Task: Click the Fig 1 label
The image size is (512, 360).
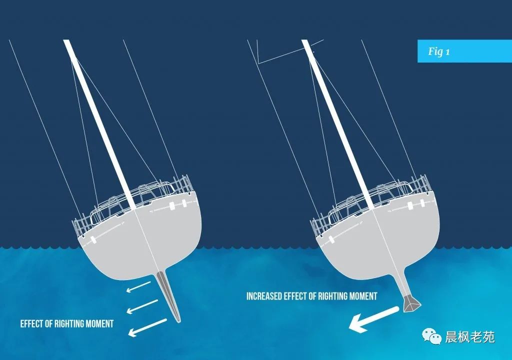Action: click(438, 51)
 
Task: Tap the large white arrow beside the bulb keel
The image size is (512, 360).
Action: click(374, 319)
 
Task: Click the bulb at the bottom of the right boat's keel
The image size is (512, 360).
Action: click(412, 303)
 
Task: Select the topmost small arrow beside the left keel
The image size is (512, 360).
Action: click(139, 287)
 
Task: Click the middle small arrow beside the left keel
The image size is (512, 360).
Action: click(142, 306)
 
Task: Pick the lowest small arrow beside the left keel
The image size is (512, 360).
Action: click(147, 327)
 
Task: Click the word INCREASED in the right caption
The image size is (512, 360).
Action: click(264, 296)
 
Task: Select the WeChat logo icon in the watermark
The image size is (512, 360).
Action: click(431, 336)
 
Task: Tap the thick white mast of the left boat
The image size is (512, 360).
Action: click(99, 124)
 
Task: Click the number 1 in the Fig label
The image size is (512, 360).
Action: click(447, 52)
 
